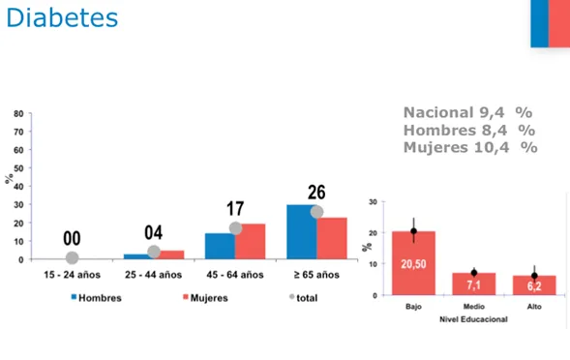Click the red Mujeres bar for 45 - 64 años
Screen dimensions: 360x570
[x=250, y=242]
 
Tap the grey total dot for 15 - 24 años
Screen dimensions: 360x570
[x=72, y=257]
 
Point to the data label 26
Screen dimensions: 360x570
[x=317, y=192]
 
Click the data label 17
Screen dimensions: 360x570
[x=235, y=208]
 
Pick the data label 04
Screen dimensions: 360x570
[x=154, y=232]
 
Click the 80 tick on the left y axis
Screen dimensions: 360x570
[x=19, y=114]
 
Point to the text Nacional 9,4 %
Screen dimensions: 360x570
[x=468, y=111]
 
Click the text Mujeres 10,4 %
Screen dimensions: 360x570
[x=469, y=147]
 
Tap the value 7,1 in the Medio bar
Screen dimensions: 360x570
[x=473, y=285]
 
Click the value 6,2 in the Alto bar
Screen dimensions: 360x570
[x=533, y=286]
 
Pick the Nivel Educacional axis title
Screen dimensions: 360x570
[x=473, y=316]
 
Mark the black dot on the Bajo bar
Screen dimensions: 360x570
[x=413, y=231]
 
